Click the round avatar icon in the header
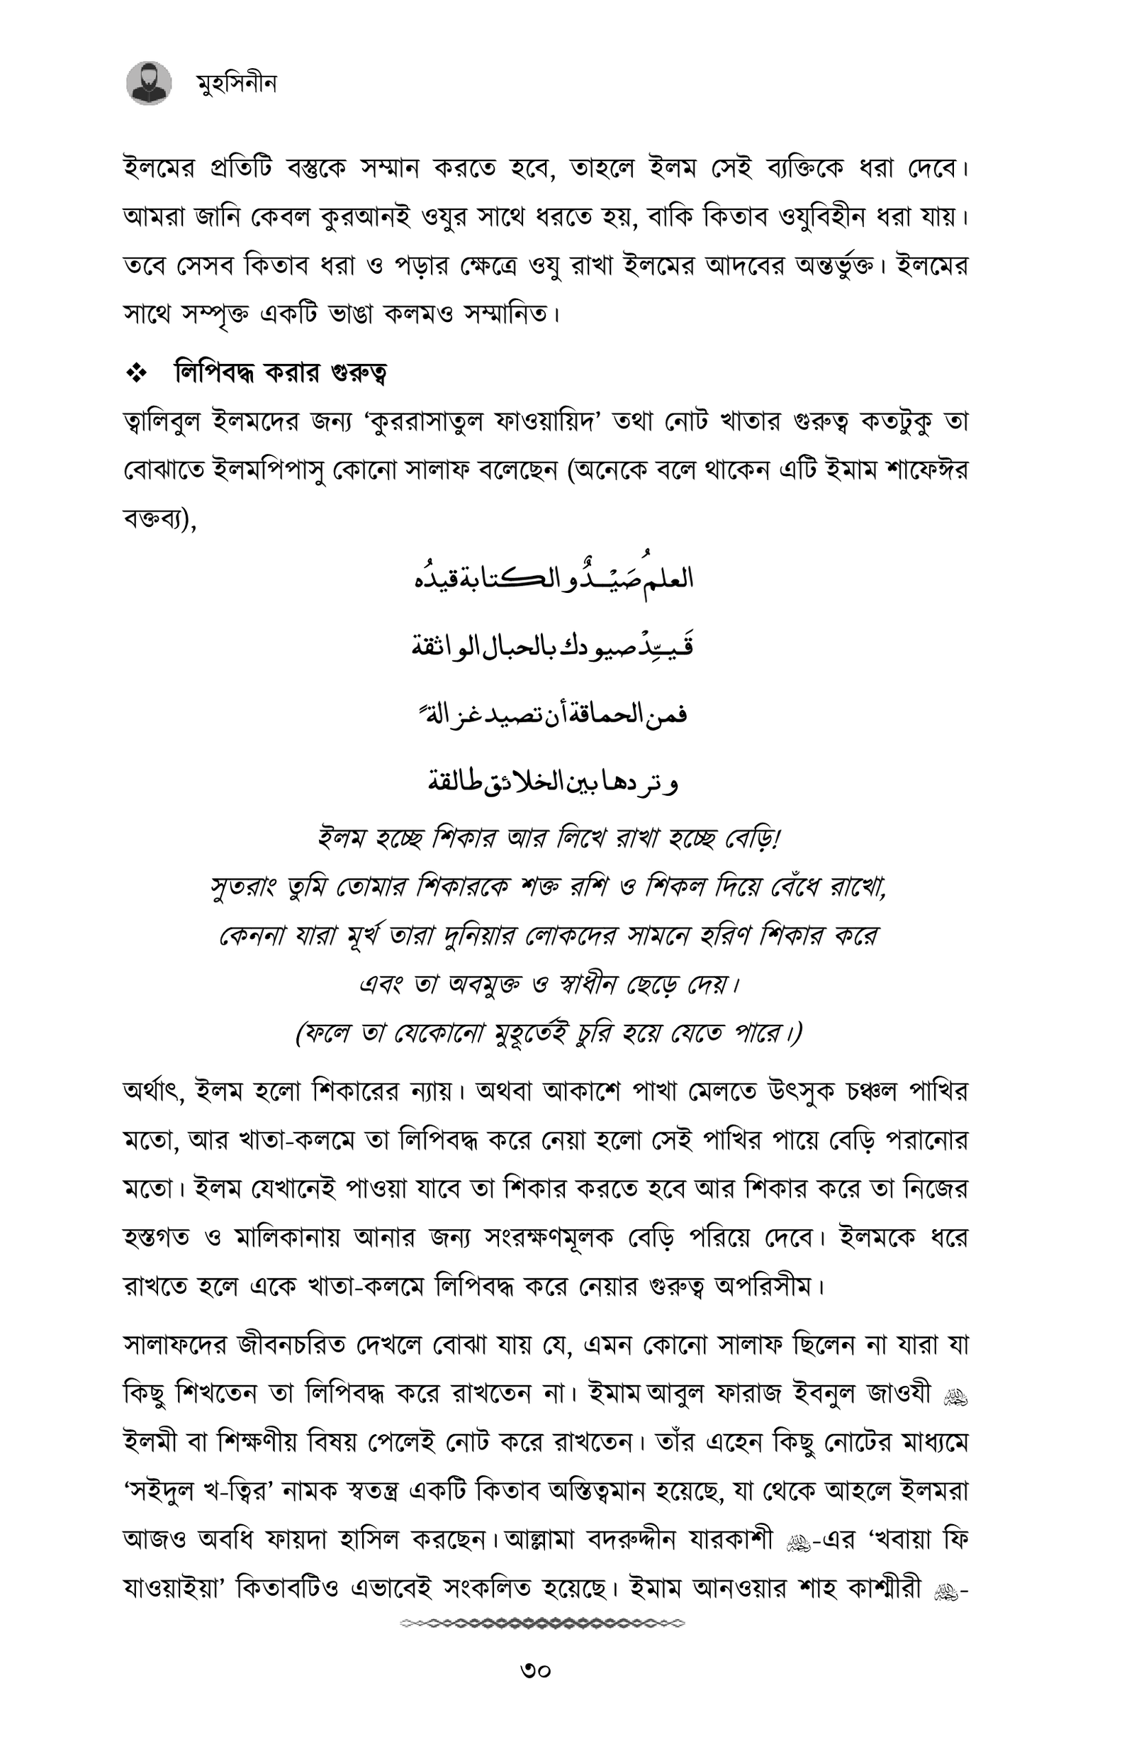(150, 83)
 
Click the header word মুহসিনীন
(237, 84)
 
